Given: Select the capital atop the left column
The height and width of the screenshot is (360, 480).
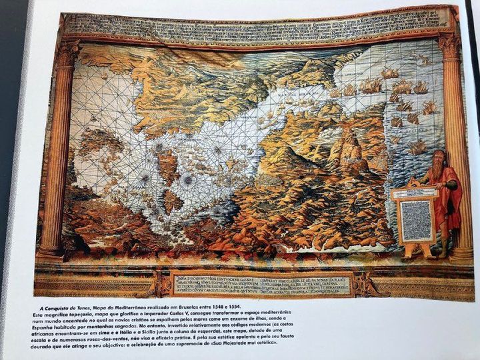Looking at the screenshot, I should (67, 53).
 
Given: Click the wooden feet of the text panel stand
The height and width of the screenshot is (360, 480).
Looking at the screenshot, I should (417, 251).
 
